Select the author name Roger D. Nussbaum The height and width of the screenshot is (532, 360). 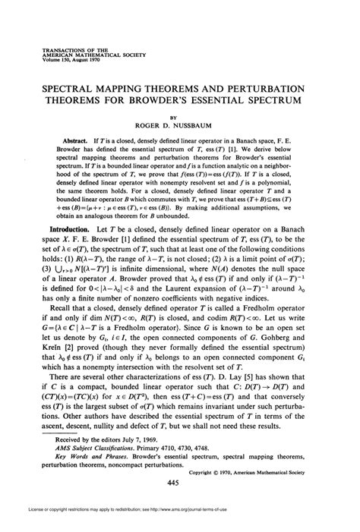180,127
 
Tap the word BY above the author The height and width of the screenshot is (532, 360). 180,117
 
